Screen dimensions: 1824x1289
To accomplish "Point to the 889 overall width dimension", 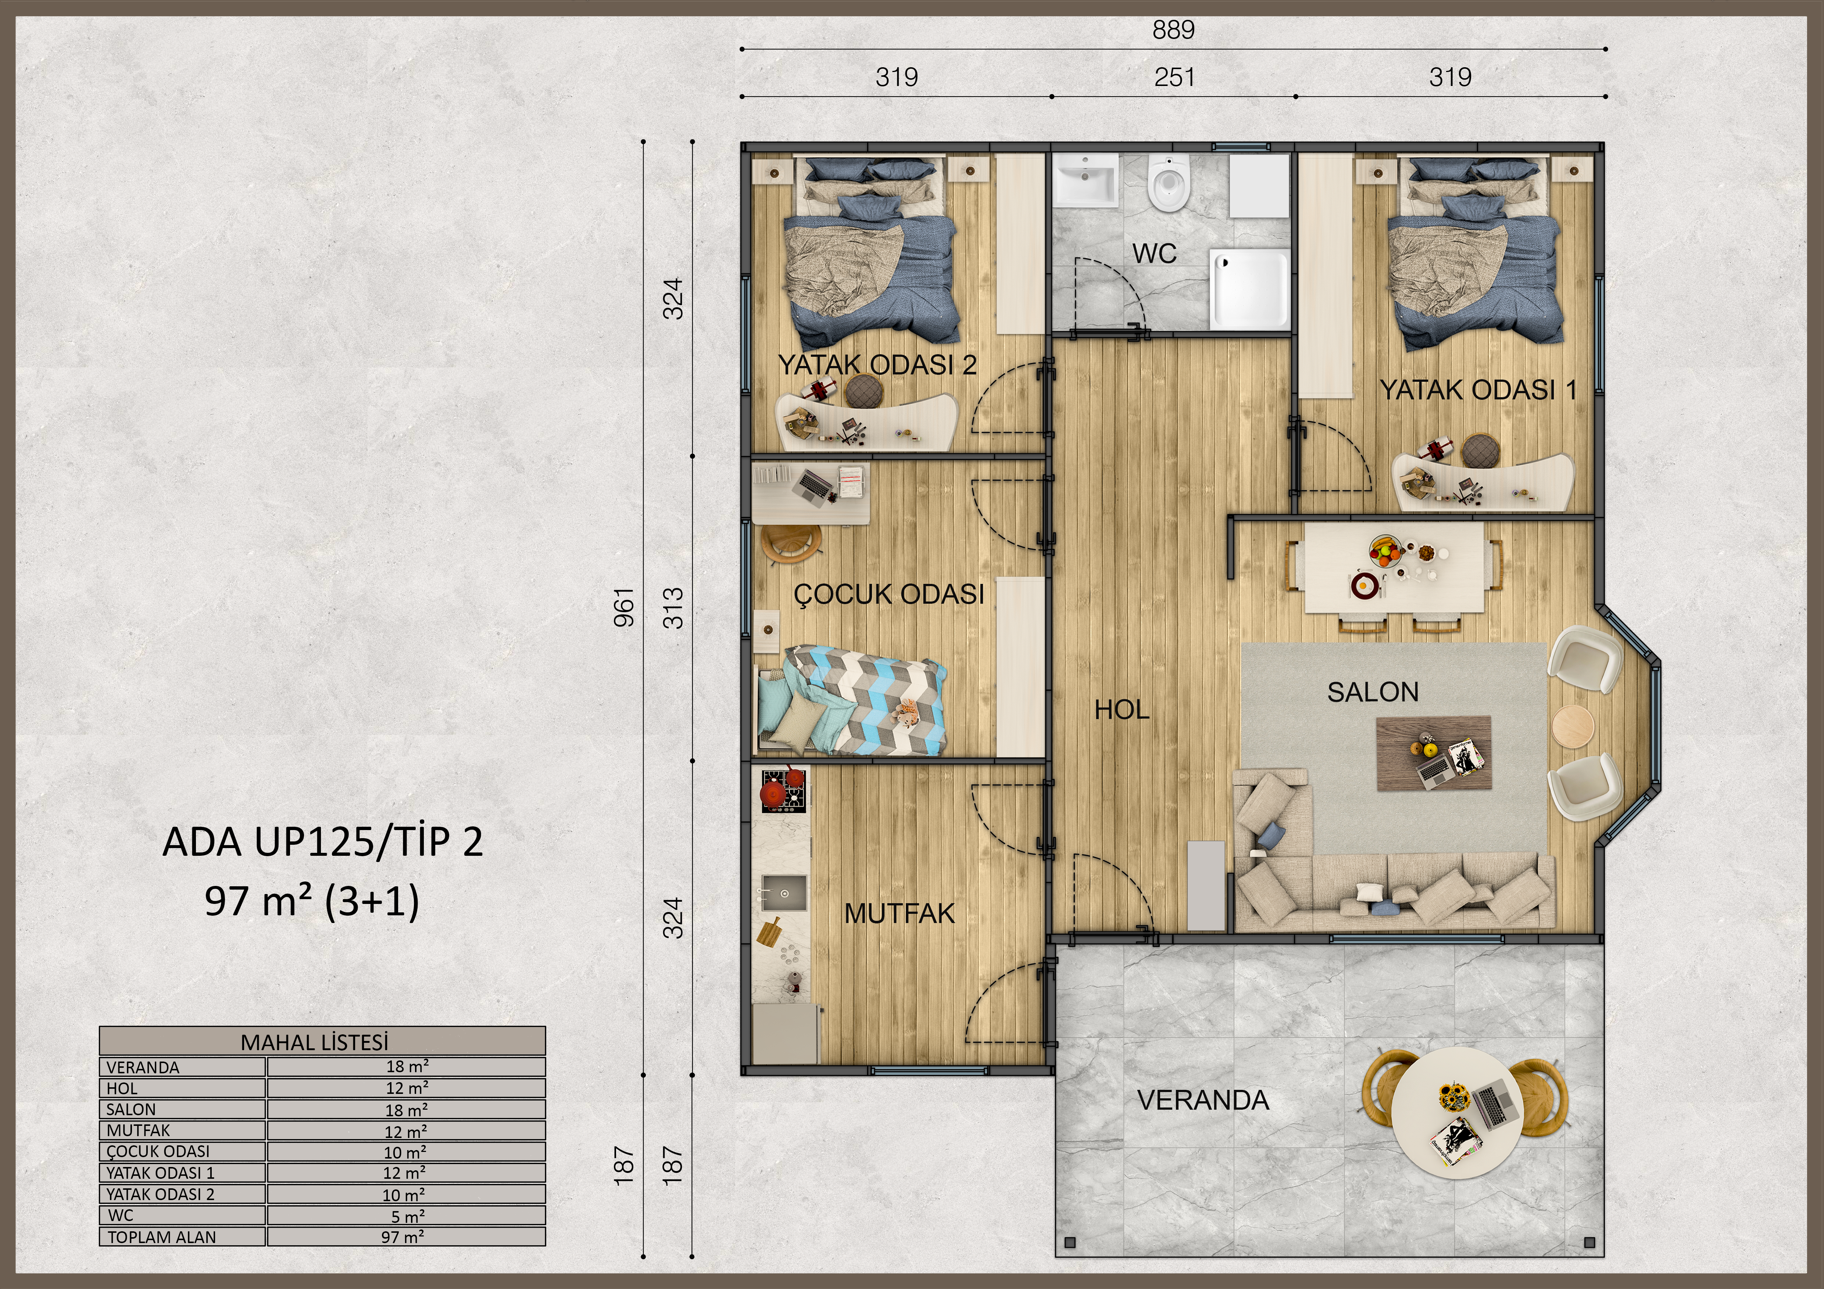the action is pyautogui.click(x=1173, y=30).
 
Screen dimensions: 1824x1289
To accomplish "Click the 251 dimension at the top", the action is pyautogui.click(x=1174, y=77).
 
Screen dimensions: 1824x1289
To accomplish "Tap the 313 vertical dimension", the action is pyautogui.click(x=673, y=607).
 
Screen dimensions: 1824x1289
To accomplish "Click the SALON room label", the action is pyautogui.click(x=1373, y=692).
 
